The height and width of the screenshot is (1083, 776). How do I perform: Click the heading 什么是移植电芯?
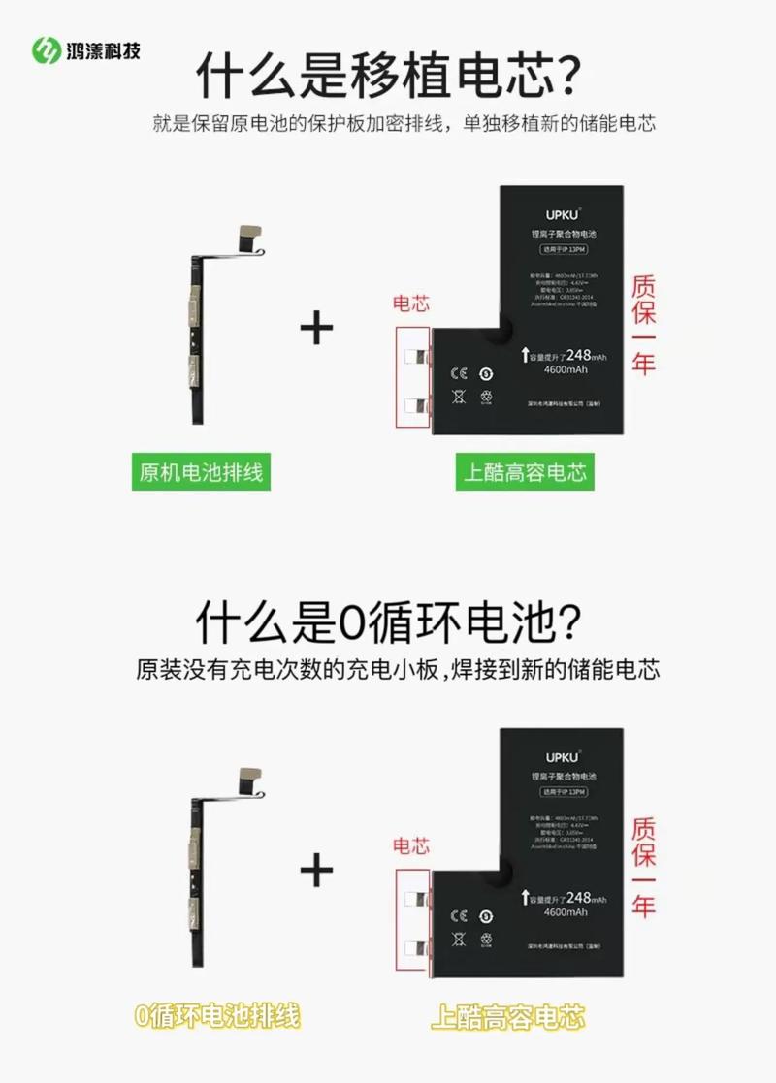[x=388, y=75]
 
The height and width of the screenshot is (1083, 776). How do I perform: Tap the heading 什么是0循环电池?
[x=388, y=621]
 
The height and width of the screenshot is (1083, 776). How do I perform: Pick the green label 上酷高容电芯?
[x=525, y=473]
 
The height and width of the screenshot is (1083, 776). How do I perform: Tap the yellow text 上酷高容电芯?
[x=508, y=1017]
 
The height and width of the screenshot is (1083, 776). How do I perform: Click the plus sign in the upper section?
[x=316, y=329]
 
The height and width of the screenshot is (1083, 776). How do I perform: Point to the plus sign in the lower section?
[x=316, y=870]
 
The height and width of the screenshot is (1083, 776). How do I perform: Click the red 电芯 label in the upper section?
[x=410, y=303]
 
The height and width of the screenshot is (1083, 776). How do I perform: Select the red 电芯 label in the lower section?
[x=410, y=846]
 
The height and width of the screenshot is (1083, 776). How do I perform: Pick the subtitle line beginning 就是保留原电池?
[x=404, y=124]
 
